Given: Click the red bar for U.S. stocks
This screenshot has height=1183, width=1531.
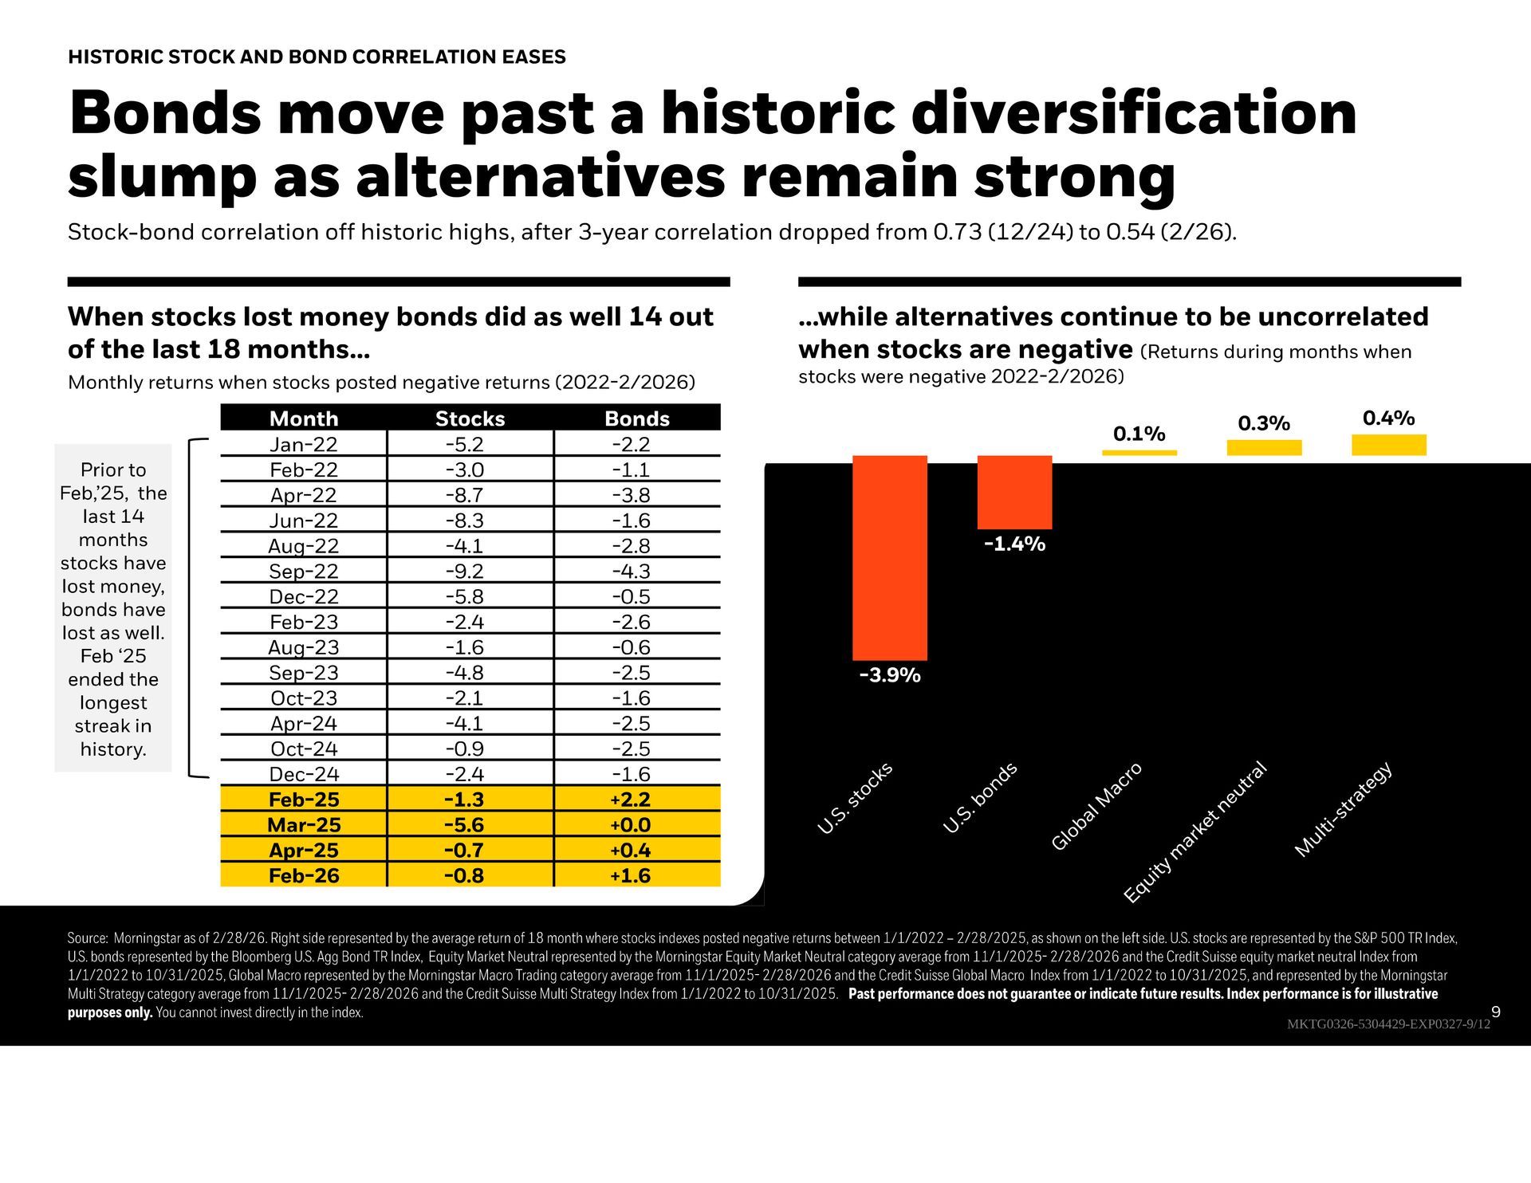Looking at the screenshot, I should coord(889,557).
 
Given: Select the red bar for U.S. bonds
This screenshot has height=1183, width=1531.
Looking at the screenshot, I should coord(1014,492).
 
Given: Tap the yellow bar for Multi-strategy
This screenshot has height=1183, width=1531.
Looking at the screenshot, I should coord(1388,445).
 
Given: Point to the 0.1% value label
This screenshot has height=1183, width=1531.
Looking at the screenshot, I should coord(1139,434).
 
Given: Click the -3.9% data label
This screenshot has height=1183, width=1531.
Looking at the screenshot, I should coord(890,675).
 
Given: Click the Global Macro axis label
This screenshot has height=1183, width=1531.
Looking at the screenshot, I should coord(1097,806).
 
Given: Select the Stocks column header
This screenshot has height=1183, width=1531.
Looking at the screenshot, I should coord(470,419).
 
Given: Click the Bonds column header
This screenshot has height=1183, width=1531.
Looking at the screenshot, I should coord(636,419).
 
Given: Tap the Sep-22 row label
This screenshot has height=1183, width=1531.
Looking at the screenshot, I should coord(303,571).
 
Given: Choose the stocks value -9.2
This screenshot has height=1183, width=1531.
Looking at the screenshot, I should coord(465,571).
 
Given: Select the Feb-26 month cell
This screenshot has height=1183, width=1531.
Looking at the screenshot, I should coord(304,875).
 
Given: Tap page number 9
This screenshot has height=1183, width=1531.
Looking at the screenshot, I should coord(1495,1012).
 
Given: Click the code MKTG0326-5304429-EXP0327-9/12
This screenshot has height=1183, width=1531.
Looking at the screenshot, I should coord(1387,1024).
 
